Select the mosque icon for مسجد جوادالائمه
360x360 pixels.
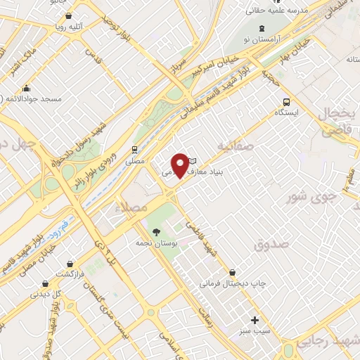[x=27, y=89]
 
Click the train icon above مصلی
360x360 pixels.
[x=134, y=149]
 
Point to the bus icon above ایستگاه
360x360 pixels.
[x=285, y=100]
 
